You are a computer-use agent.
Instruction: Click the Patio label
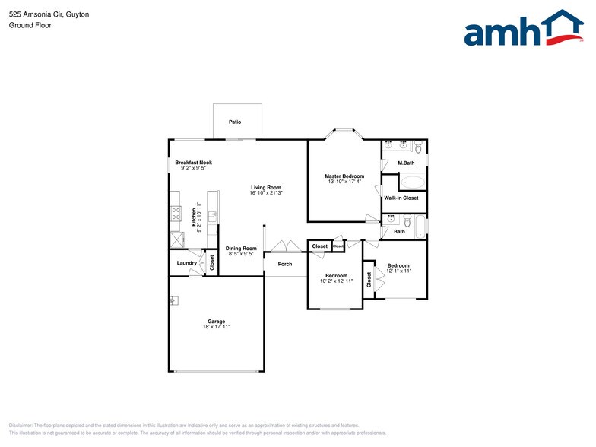click(x=235, y=122)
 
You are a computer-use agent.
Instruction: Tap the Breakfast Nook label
click(x=193, y=163)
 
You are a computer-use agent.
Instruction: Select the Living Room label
click(x=266, y=187)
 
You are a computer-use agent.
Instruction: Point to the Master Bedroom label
click(x=344, y=176)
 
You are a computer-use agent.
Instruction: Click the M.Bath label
click(x=406, y=163)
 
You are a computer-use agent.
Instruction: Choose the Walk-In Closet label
click(x=401, y=198)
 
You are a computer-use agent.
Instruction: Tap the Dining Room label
click(x=241, y=249)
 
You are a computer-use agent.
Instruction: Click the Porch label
click(x=285, y=264)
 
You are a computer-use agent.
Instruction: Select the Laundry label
click(x=187, y=263)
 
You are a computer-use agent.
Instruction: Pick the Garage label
click(x=217, y=321)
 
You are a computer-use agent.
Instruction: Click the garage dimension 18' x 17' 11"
click(x=217, y=326)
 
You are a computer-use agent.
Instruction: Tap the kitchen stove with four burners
click(x=176, y=214)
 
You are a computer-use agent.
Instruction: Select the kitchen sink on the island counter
click(x=213, y=217)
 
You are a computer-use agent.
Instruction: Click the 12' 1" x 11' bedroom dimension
click(x=398, y=271)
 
